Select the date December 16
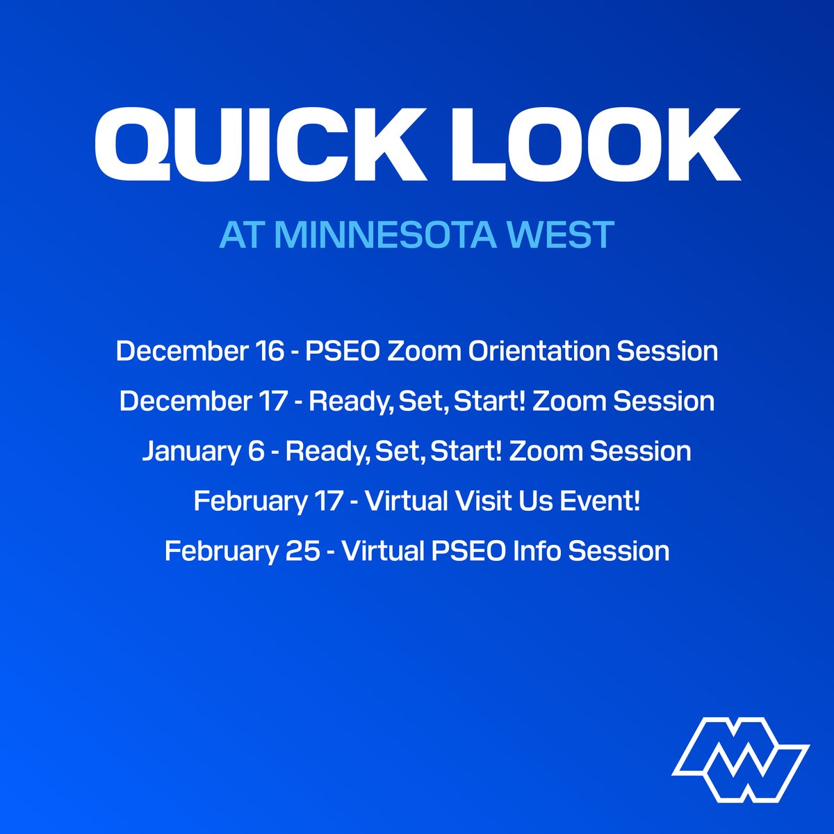pos(200,351)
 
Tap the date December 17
pos(203,401)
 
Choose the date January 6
pos(203,451)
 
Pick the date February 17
pos(268,501)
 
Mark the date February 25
pos(242,551)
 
